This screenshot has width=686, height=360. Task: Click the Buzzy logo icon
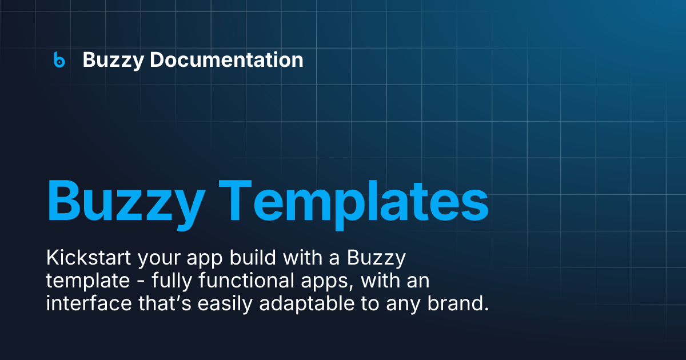(x=59, y=59)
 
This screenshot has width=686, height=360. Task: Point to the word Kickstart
(x=88, y=258)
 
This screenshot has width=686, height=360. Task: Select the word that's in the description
(x=166, y=304)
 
